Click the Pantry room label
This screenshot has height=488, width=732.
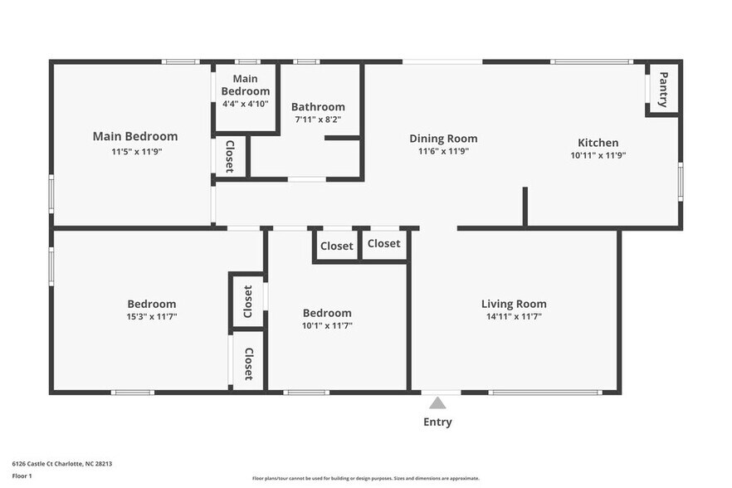(663, 90)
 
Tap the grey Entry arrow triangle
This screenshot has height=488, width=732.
(437, 403)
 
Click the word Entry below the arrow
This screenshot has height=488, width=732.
(437, 422)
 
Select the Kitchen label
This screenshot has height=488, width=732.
(598, 143)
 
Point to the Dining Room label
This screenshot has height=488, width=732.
(443, 139)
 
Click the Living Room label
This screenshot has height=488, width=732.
(514, 304)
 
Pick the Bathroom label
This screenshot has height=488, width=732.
(318, 107)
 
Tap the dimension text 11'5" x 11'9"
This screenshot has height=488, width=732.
(134, 151)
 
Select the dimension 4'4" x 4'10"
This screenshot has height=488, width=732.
(246, 104)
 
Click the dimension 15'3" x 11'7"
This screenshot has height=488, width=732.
(151, 316)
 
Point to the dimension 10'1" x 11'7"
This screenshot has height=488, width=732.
(327, 325)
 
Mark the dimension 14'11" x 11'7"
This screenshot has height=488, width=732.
(514, 316)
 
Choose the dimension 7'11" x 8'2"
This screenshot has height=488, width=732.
(318, 120)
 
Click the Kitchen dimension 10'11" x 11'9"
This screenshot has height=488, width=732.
(598, 155)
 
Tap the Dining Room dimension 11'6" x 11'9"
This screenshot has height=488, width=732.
(443, 151)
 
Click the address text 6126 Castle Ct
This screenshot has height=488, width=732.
(61, 464)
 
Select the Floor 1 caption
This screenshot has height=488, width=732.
(22, 476)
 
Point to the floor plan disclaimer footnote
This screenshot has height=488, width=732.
(365, 478)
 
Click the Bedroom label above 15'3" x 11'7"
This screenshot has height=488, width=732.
(151, 304)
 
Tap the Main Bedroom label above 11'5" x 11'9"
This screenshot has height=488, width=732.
(134, 136)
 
